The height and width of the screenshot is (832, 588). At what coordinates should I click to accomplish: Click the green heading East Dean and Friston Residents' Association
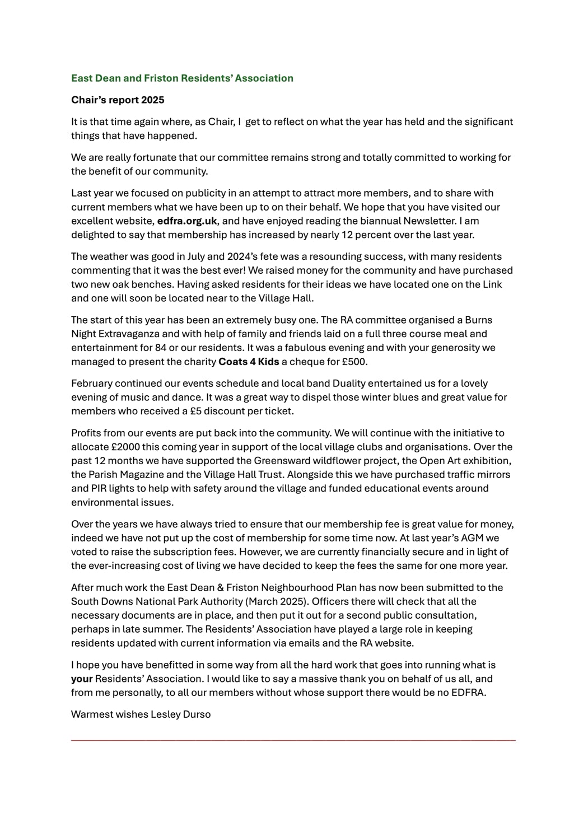pyautogui.click(x=182, y=78)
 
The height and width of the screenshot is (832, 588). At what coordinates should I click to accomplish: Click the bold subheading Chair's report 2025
pyautogui.click(x=118, y=100)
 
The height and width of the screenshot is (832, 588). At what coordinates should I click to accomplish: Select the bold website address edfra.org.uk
pyautogui.click(x=187, y=221)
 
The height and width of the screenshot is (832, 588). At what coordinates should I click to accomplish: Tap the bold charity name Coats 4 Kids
pyautogui.click(x=249, y=362)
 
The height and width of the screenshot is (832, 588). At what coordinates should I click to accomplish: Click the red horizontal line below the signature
pyautogui.click(x=293, y=740)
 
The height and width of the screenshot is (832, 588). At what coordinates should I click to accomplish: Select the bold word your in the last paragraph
pyautogui.click(x=82, y=679)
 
